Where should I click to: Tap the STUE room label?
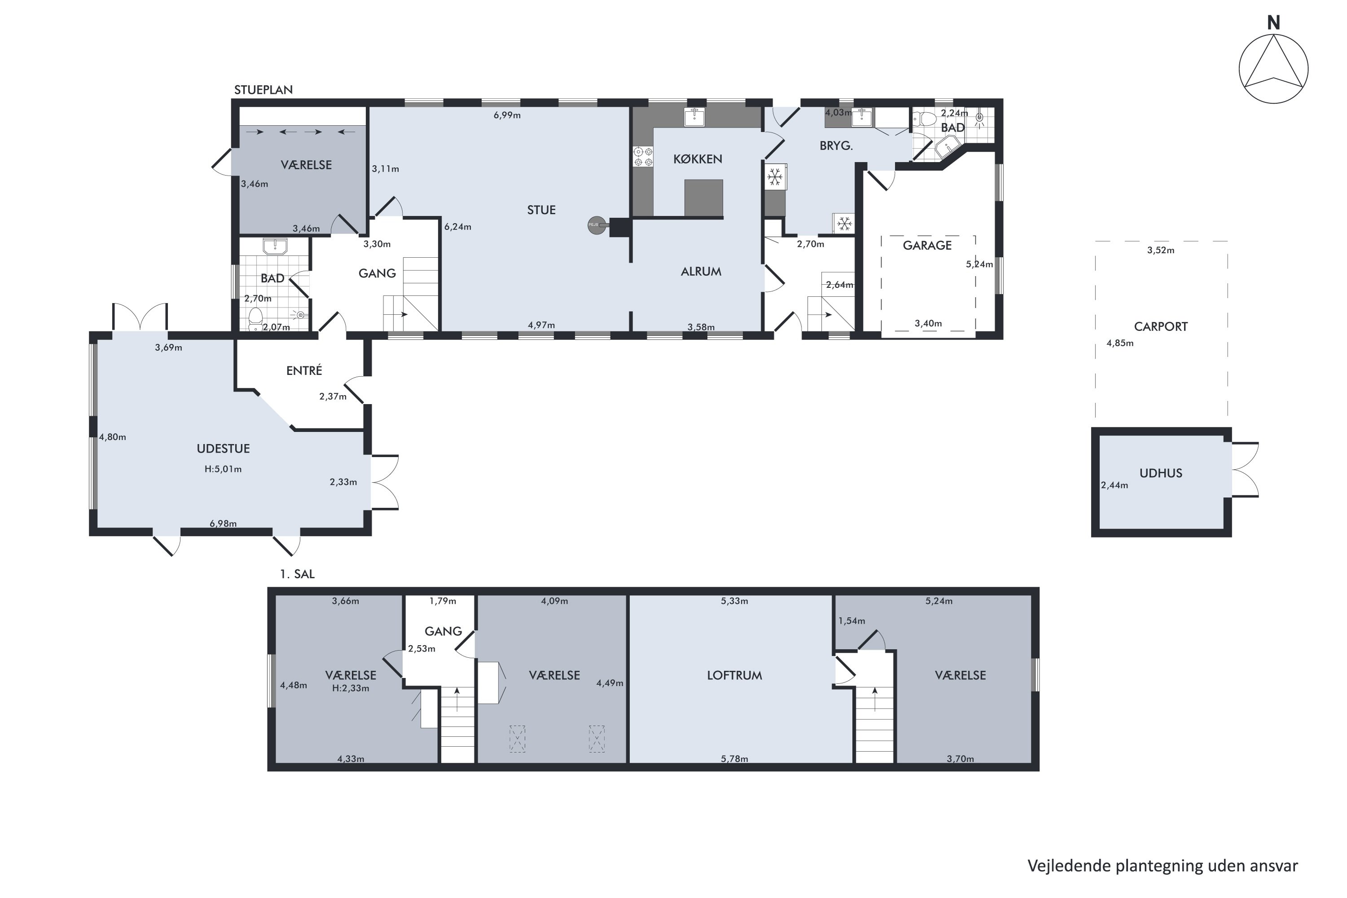[x=541, y=210]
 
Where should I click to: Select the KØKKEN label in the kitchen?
[x=698, y=159]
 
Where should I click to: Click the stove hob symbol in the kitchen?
[x=643, y=157]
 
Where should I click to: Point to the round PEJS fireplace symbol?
[x=596, y=225]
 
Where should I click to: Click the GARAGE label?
[x=927, y=246]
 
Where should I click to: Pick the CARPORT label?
[x=1161, y=326]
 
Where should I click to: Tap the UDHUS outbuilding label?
[x=1161, y=473]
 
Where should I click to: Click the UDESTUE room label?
[x=223, y=449]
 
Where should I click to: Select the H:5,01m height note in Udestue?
[x=223, y=469]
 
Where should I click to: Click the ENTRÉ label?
[x=304, y=370]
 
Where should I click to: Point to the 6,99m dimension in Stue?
[x=507, y=115]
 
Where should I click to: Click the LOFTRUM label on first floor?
[x=734, y=675]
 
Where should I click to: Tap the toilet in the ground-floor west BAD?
[x=255, y=318]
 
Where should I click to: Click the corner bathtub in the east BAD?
[x=948, y=147]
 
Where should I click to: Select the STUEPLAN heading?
[x=264, y=90]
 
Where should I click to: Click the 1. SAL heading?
[x=297, y=574]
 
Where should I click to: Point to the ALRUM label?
[x=701, y=272]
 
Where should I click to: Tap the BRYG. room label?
[x=836, y=146]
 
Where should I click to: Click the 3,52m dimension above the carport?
[x=1161, y=250]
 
